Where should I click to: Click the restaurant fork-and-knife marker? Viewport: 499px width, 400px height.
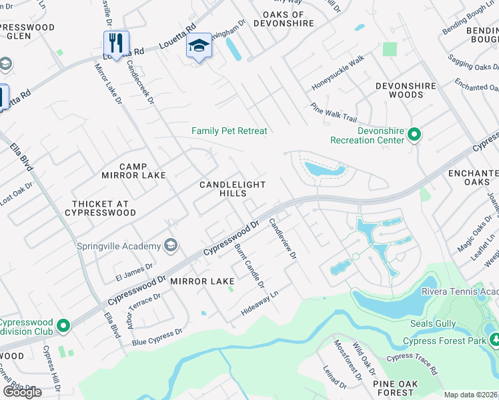coord(116,44)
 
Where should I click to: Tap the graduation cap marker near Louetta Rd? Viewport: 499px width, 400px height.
coord(198,47)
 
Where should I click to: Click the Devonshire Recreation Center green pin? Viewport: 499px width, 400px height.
coord(414,135)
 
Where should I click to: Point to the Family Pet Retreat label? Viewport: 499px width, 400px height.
coord(229,131)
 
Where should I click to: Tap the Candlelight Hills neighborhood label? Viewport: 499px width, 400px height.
coord(233,189)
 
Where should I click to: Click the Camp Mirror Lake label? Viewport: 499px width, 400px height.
coord(133,171)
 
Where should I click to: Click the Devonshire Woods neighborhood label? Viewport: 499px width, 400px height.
coord(406,90)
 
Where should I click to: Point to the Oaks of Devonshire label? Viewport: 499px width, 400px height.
coord(288,19)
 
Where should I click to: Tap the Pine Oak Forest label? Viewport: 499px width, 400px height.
coord(395,388)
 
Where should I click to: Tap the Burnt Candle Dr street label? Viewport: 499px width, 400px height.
coord(249,266)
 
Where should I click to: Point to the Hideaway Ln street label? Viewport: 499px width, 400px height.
coord(260,302)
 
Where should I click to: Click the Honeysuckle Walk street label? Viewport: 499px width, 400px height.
coord(338,73)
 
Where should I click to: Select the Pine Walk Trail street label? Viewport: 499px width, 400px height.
coord(334,112)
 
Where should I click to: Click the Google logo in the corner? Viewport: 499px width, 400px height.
coord(22,391)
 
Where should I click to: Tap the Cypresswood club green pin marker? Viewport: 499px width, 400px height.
coord(63,326)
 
